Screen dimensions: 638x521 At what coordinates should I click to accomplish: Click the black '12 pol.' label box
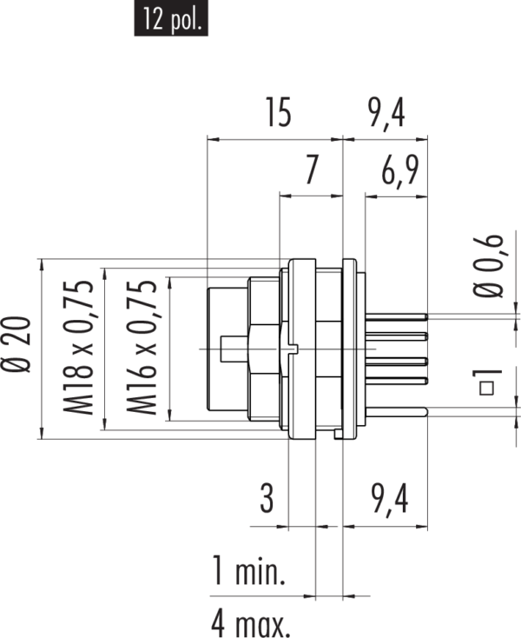point(171,18)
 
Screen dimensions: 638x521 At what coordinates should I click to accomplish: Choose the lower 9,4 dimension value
point(389,500)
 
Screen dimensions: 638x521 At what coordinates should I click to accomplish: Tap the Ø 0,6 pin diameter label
point(491,266)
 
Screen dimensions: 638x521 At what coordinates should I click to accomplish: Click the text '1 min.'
point(249,572)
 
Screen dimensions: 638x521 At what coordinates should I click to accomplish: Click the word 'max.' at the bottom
point(266,623)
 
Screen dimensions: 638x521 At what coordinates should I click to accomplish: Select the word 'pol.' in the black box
point(185,19)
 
